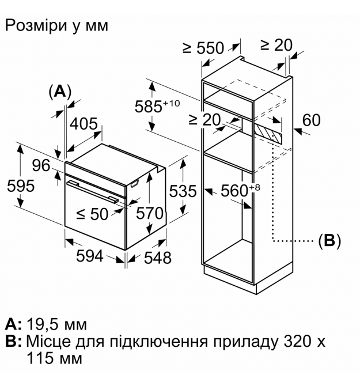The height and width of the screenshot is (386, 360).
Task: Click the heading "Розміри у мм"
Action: tap(56, 25)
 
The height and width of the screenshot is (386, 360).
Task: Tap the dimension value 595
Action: tap(18, 186)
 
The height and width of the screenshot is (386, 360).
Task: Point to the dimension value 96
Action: tap(42, 165)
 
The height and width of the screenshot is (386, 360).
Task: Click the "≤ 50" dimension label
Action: tap(92, 214)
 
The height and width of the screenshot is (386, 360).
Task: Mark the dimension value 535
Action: tap(183, 191)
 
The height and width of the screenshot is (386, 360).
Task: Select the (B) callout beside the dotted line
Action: tap(329, 241)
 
